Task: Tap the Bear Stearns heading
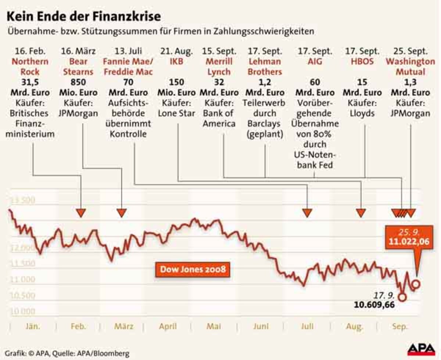point(78,66)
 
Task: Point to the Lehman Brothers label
point(265,66)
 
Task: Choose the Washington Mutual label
point(410,66)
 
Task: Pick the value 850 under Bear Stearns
point(78,82)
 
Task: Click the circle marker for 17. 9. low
point(402,297)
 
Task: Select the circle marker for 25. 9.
point(416,284)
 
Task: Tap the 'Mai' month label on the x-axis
point(214,326)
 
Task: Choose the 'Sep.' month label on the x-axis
point(398,326)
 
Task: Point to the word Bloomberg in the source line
point(112,354)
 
